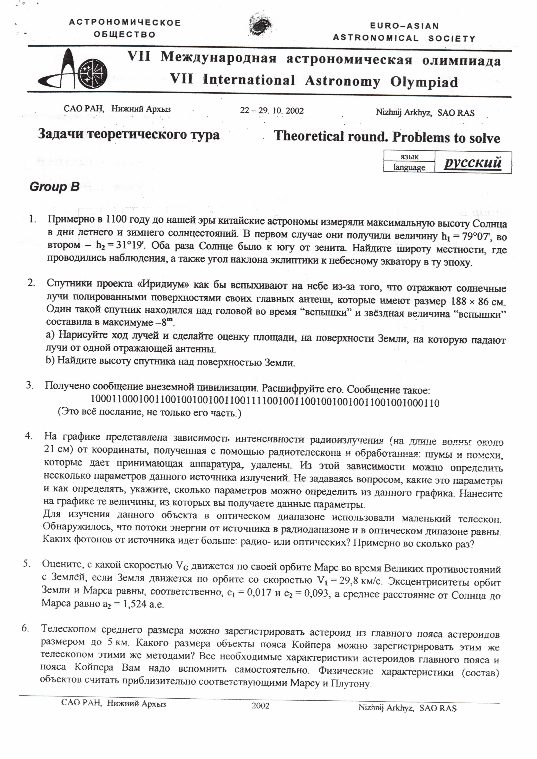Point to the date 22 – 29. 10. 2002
(x=272, y=110)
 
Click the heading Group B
(x=55, y=187)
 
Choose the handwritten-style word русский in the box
(x=473, y=163)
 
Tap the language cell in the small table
(x=409, y=167)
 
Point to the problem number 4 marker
(x=29, y=436)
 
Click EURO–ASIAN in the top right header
(x=404, y=26)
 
